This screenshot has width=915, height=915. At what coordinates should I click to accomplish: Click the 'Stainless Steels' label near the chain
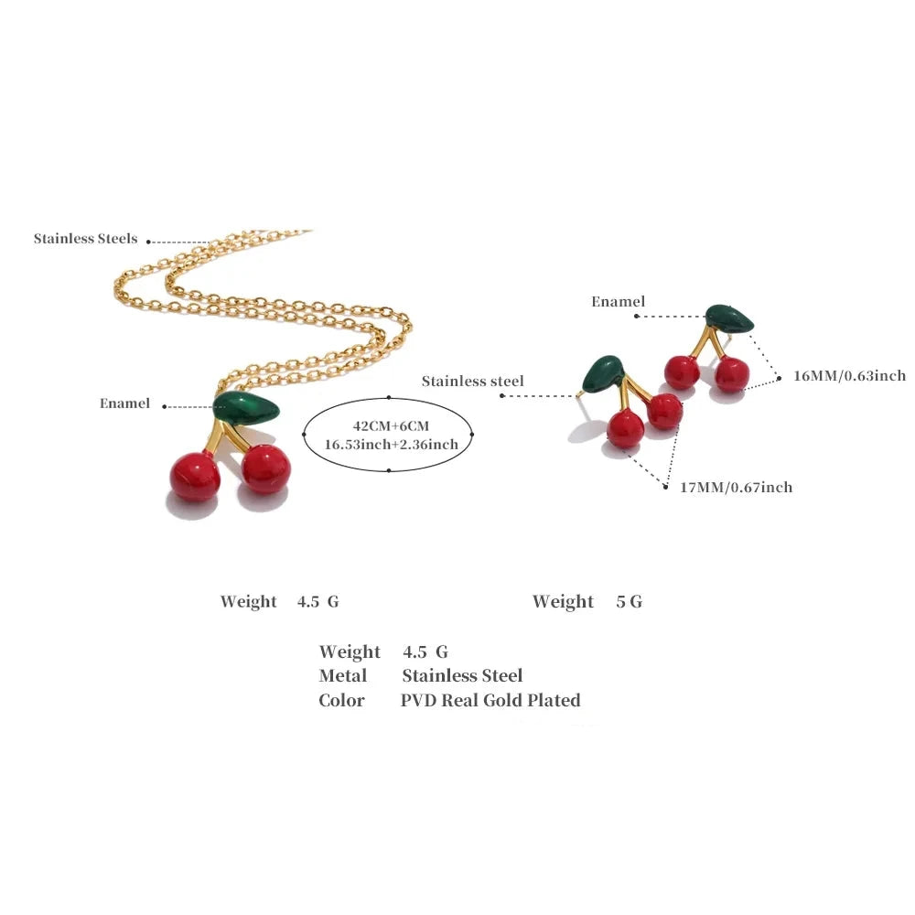(85, 239)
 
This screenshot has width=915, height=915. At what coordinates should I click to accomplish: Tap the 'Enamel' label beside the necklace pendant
(124, 404)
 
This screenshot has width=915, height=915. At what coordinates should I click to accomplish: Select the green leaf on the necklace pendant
(246, 407)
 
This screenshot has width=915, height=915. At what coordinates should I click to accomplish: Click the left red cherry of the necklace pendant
(195, 476)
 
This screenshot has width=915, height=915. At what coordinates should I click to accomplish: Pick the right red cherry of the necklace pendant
(265, 468)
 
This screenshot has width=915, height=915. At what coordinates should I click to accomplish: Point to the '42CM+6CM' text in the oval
(391, 426)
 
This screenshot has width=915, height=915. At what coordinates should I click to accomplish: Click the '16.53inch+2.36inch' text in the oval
(391, 445)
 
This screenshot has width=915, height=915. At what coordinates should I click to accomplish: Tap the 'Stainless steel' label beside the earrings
(473, 381)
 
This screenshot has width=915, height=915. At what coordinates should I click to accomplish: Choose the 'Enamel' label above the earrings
(618, 302)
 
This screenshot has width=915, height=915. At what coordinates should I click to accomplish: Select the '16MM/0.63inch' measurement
(850, 376)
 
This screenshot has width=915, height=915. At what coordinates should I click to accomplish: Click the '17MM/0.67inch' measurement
(737, 488)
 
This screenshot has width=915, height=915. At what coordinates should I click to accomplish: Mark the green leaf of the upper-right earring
(729, 318)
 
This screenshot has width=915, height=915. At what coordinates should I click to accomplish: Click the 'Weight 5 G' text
(587, 601)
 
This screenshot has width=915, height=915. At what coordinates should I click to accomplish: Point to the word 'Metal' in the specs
(342, 676)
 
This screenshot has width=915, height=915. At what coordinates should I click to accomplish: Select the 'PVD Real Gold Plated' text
(490, 700)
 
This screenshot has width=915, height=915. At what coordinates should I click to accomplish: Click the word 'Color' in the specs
(341, 700)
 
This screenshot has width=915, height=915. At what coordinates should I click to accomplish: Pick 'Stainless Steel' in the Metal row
(462, 676)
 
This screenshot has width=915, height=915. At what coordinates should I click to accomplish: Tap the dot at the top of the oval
(389, 397)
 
